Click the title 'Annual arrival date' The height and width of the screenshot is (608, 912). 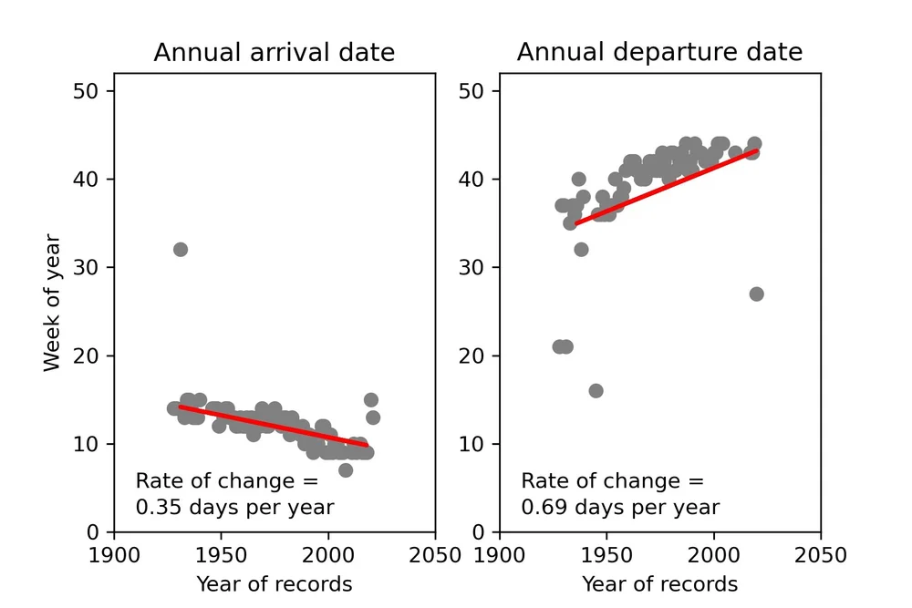coord(274,53)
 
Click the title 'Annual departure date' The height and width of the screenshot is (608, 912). coord(659,53)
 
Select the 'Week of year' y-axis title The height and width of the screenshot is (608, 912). coord(52,303)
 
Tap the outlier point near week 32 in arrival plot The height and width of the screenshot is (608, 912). coord(181,250)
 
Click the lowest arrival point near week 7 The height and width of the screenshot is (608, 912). coord(346,470)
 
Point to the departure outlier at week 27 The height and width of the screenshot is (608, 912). coord(756,294)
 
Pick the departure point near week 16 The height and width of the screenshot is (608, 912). coord(596,391)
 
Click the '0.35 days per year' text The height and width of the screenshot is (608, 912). coord(234,508)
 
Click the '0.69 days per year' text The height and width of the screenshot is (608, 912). coord(620,508)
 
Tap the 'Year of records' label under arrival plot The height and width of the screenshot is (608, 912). coord(274,584)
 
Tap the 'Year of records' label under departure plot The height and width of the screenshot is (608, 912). coord(659,584)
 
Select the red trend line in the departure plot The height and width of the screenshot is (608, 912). coord(666,187)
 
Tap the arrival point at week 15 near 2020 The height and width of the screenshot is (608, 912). coord(370,400)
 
